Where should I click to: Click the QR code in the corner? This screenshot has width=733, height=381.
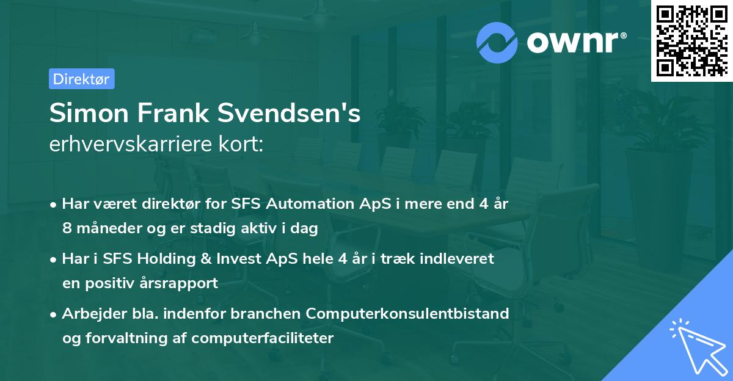coord(691,40)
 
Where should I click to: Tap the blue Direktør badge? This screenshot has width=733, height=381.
coord(81,79)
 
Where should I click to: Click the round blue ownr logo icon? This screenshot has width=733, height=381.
coord(497,43)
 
